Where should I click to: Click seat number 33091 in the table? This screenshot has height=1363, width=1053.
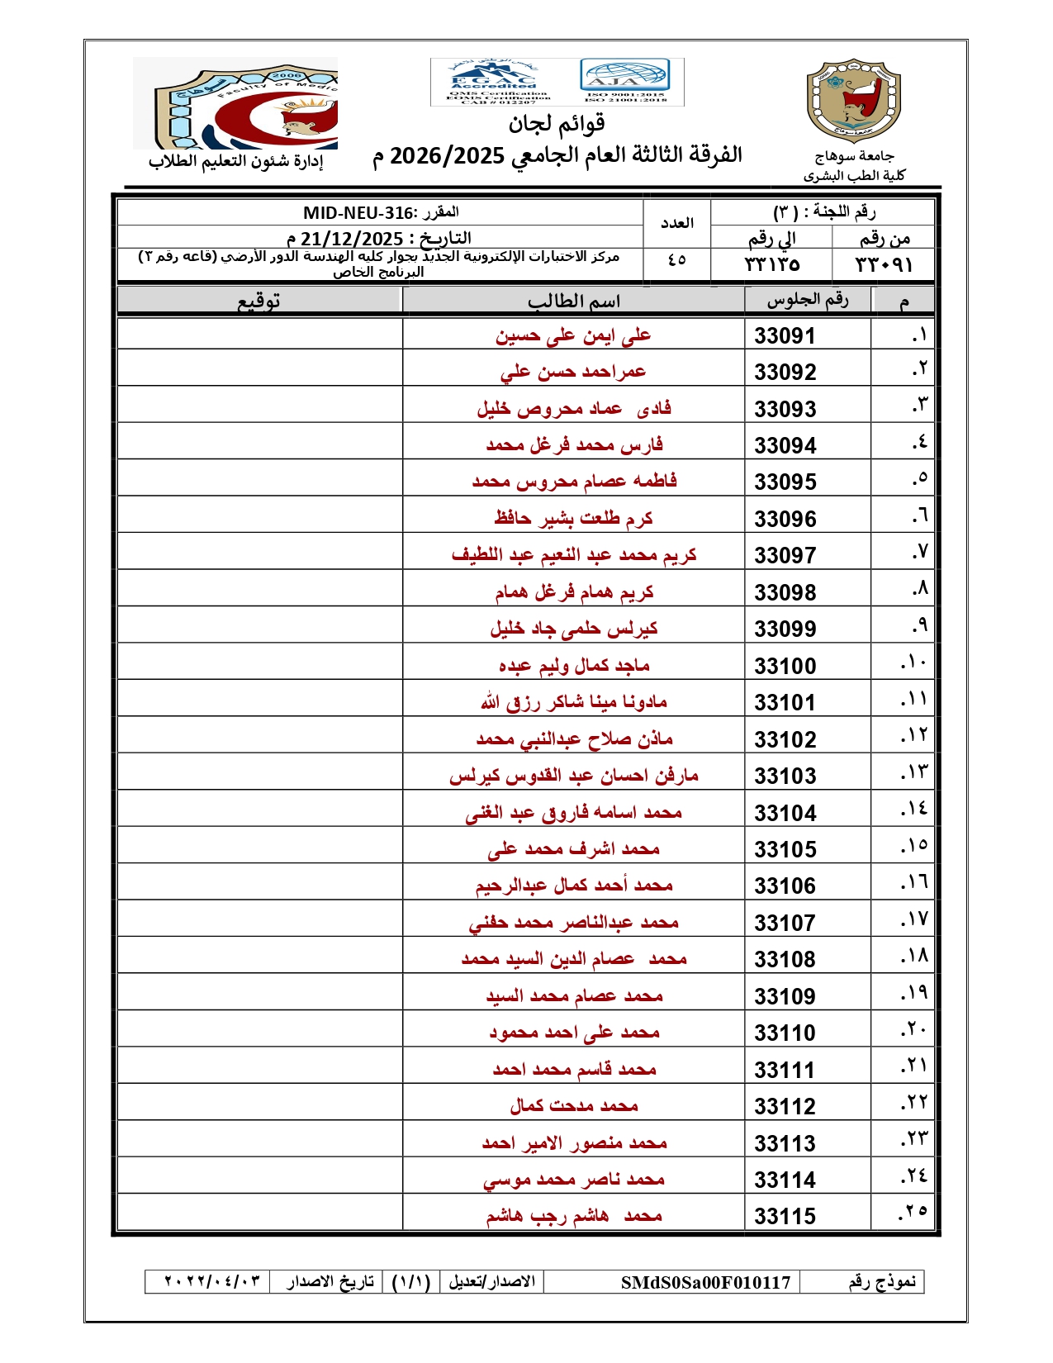(785, 336)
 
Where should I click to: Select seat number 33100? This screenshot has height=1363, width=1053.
(785, 666)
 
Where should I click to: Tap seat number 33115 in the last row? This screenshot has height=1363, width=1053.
(785, 1216)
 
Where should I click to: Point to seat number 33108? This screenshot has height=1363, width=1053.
(785, 959)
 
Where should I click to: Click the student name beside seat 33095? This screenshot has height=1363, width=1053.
(574, 482)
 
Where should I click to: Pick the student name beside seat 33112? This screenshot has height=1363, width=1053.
(574, 1106)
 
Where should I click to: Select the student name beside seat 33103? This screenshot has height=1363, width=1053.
(574, 776)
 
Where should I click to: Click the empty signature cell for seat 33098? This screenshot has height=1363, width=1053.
(260, 592)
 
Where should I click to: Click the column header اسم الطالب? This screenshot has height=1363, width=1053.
(574, 302)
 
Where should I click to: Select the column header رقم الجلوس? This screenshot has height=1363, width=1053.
(807, 300)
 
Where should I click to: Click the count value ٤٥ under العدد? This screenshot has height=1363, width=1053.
(676, 261)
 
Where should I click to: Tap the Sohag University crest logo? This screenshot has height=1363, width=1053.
(853, 101)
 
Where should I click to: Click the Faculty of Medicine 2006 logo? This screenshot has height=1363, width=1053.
(235, 103)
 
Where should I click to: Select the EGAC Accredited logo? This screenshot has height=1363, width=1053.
(493, 82)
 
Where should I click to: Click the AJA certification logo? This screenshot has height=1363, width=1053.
(624, 80)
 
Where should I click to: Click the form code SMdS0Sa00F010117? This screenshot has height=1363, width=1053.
(706, 1282)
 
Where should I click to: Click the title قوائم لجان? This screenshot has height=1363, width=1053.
(557, 124)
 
